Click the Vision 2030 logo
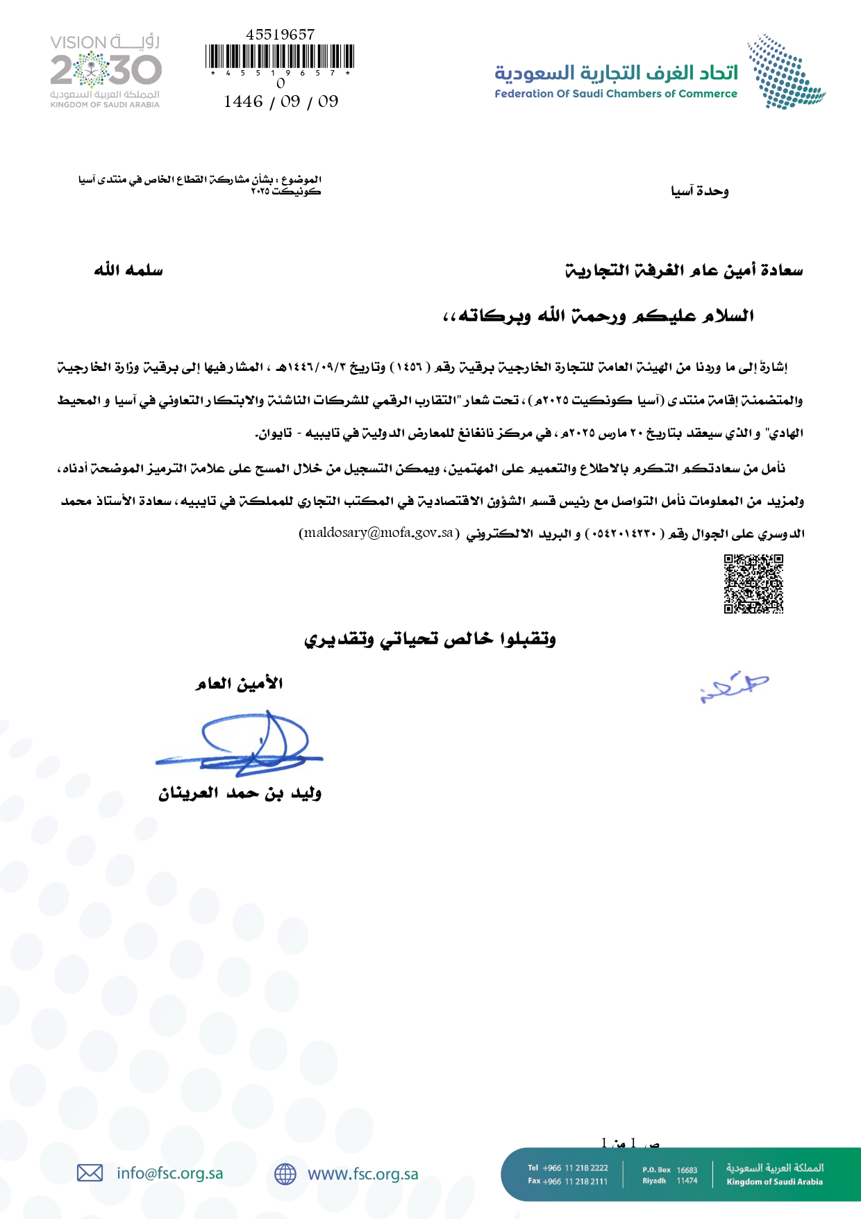105,71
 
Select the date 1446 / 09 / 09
281,101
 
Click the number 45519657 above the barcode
280,34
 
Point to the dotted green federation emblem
785,72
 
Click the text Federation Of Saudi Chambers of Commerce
616,94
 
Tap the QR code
753,583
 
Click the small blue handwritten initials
734,686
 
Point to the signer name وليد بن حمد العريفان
240,793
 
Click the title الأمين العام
239,683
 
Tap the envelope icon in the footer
90,1173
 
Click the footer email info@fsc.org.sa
170,1173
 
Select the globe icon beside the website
285,1174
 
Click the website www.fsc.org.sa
363,1174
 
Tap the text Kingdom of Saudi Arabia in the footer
774,1181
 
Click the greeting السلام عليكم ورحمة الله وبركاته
599,316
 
